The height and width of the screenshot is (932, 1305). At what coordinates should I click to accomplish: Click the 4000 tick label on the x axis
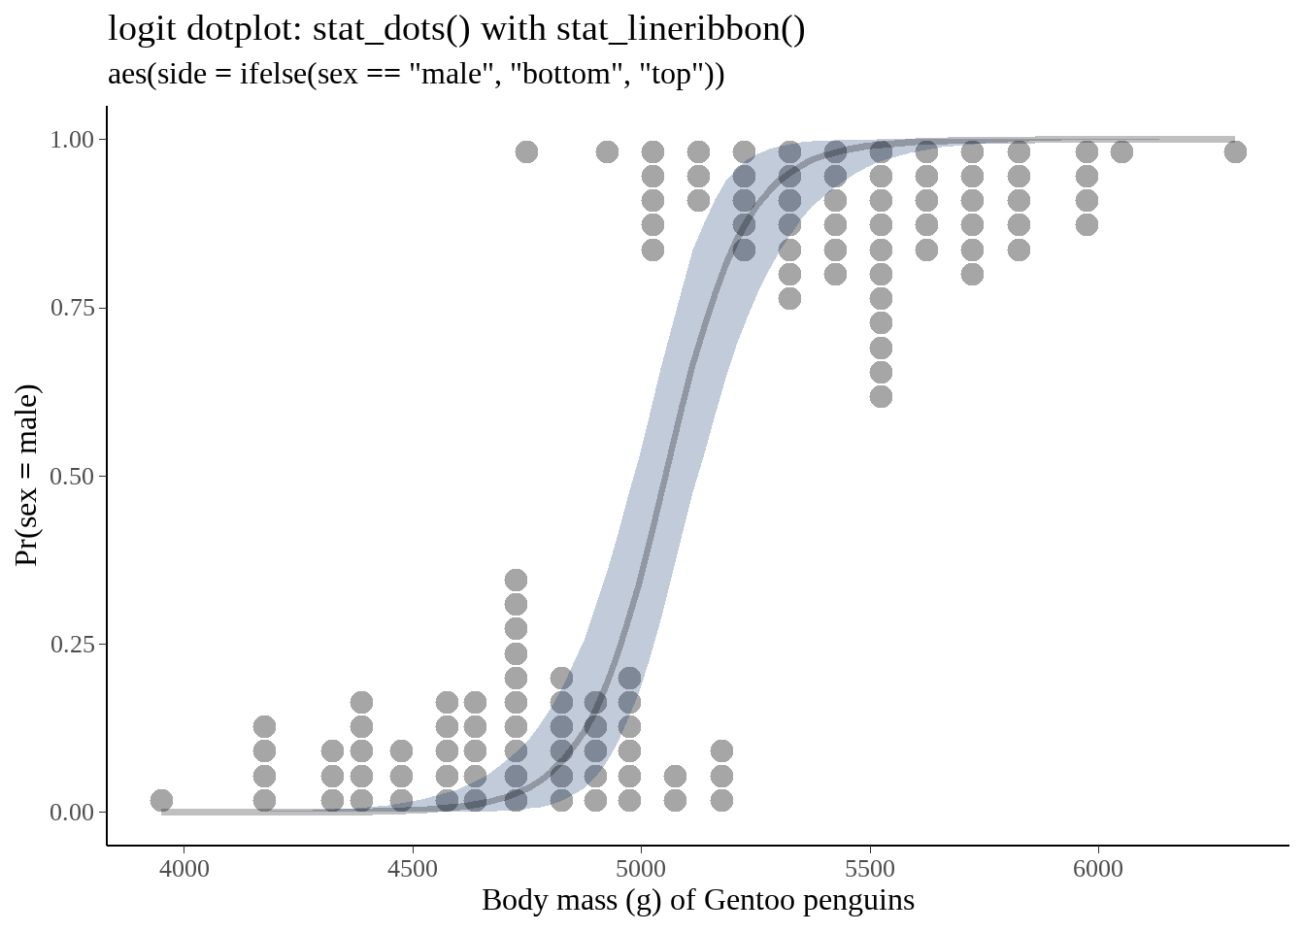pyautogui.click(x=184, y=868)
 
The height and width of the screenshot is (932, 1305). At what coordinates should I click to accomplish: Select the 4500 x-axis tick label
pyautogui.click(x=413, y=868)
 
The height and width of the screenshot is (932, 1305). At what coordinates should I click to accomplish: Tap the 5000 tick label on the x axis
pyautogui.click(x=641, y=868)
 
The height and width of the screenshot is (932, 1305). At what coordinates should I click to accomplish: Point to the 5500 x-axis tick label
pyautogui.click(x=870, y=868)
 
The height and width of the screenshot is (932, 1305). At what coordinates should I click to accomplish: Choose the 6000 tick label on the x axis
pyautogui.click(x=1098, y=868)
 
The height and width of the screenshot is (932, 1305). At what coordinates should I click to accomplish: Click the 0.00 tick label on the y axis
pyautogui.click(x=72, y=813)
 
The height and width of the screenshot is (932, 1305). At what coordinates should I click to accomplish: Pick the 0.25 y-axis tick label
pyautogui.click(x=72, y=645)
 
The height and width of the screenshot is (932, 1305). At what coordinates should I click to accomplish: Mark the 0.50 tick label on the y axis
pyautogui.click(x=72, y=477)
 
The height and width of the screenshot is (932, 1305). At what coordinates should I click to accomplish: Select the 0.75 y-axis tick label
pyautogui.click(x=72, y=308)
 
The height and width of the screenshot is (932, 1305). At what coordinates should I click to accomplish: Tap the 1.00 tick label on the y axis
pyautogui.click(x=72, y=140)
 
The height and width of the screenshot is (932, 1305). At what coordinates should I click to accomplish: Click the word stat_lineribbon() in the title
pyautogui.click(x=681, y=29)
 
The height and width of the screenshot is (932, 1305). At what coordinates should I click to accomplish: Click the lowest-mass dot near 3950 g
pyautogui.click(x=162, y=801)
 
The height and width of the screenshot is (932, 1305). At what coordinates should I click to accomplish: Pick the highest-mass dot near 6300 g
pyautogui.click(x=1235, y=151)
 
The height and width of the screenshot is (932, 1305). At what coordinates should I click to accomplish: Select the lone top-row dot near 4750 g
pyautogui.click(x=526, y=151)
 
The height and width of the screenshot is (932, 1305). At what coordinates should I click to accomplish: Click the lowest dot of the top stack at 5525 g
pyautogui.click(x=881, y=396)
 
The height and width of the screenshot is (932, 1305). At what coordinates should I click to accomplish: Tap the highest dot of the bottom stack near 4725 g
pyautogui.click(x=516, y=581)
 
